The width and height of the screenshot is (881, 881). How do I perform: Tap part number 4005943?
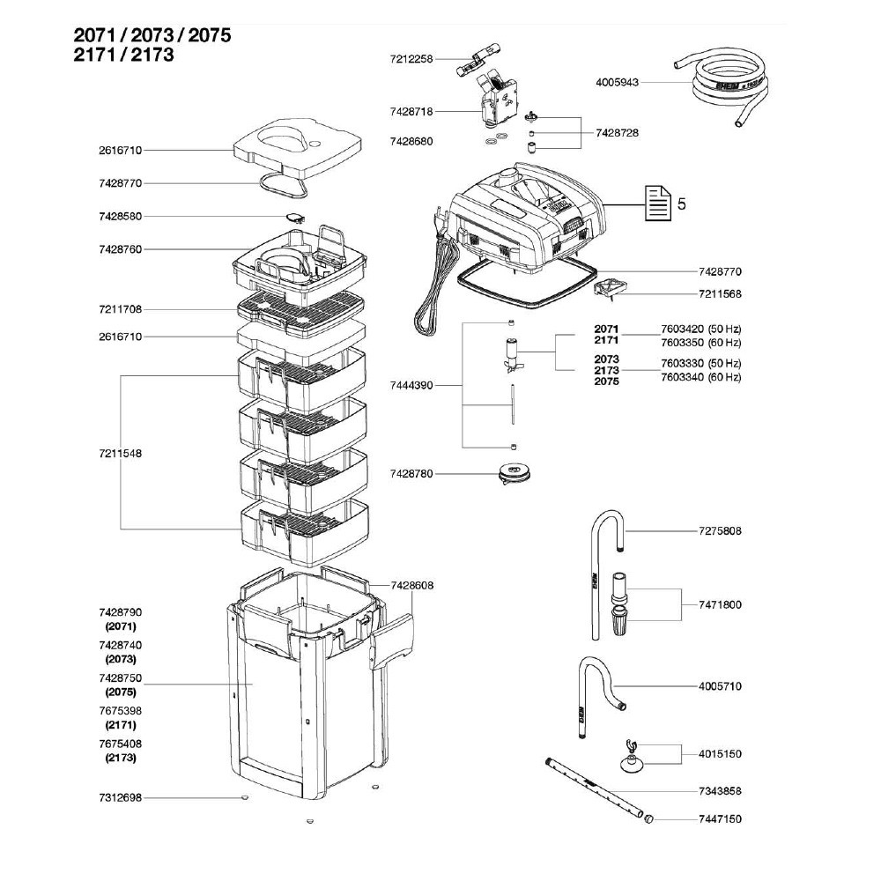click(x=614, y=82)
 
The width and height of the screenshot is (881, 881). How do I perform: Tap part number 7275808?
click(x=720, y=531)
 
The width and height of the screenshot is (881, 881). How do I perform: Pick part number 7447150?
click(x=720, y=818)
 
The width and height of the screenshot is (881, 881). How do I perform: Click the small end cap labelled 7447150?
click(x=650, y=818)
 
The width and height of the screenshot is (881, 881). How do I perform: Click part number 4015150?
click(x=720, y=754)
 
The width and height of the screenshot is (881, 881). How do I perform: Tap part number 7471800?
click(x=720, y=604)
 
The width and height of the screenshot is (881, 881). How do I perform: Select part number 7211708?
click(x=122, y=309)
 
